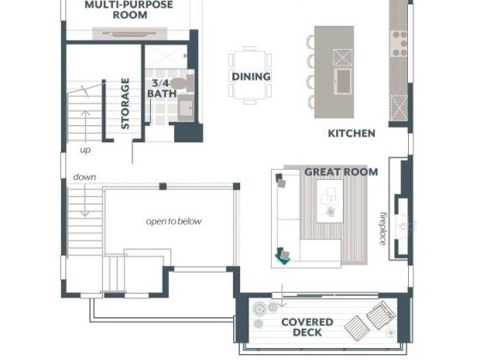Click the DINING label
point(251,76)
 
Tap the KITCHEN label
point(351,134)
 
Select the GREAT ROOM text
point(341,172)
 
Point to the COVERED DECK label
point(307,327)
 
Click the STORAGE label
point(125,104)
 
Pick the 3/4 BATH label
point(162,88)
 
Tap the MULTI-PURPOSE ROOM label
point(129,9)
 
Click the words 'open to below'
point(173,221)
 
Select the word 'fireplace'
point(382,229)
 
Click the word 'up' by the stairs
point(86,150)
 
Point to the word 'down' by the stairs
point(85,177)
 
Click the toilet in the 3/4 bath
point(182,83)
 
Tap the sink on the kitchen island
point(343,81)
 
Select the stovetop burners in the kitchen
point(399,44)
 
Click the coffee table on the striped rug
point(329,201)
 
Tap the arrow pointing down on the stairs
point(85,199)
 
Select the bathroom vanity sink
point(185,108)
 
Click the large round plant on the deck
point(261,309)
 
